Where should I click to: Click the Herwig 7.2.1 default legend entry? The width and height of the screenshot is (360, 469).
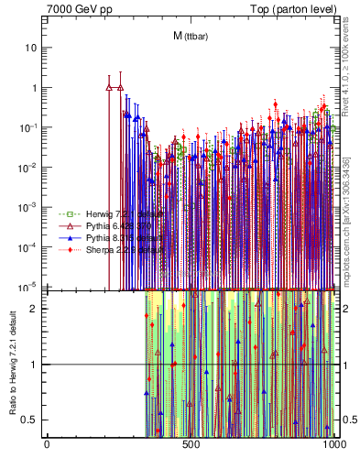[x=104, y=213]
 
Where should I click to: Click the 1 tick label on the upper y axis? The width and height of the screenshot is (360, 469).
[x=35, y=88]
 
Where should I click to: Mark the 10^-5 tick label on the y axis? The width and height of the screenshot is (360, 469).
[x=31, y=287]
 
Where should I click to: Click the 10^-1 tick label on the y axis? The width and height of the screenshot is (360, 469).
[x=31, y=127]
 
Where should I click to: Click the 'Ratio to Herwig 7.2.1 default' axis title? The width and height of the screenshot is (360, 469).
[x=12, y=364]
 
